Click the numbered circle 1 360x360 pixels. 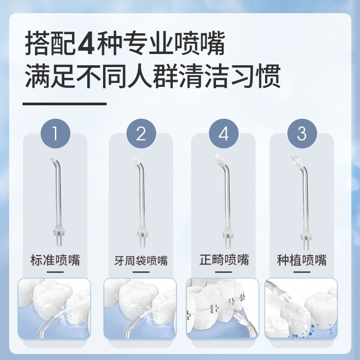coord(55,133)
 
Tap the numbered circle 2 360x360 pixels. coord(141,133)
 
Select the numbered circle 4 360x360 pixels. coord(224,133)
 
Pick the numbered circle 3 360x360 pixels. coord(301,133)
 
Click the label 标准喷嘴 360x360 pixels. coord(55,260)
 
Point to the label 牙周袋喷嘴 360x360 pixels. coord(141,260)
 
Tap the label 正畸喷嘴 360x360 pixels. coord(224,260)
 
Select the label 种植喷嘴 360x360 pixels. coord(301,260)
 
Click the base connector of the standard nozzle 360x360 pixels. coord(57,236)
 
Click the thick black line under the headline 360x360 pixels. coord(64,103)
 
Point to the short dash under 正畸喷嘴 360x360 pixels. coord(224,271)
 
